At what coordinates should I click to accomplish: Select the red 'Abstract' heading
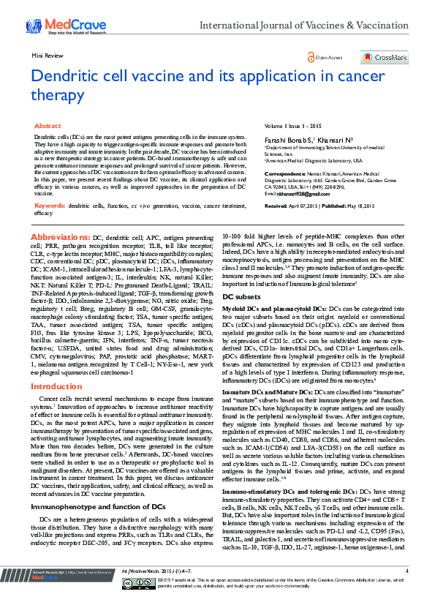[x=48, y=127]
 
